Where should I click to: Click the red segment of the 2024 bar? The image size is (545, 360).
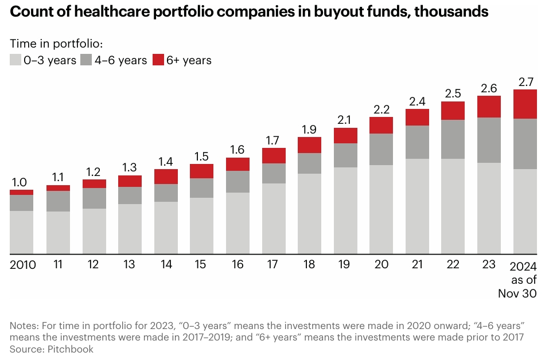click(524, 104)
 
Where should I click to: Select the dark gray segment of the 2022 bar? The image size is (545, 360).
click(453, 139)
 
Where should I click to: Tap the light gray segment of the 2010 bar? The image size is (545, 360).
click(21, 232)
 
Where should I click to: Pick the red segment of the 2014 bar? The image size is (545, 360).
click(166, 176)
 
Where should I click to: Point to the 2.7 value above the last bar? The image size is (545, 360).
click(524, 81)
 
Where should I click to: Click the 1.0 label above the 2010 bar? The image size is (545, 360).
click(20, 182)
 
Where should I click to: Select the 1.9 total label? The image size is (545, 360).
click(309, 129)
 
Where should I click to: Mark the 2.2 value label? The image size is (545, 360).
click(381, 109)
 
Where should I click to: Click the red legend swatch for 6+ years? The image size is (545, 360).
click(159, 60)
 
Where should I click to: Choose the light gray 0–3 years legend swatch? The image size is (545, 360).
click(16, 60)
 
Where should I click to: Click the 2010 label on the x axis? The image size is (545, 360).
click(23, 265)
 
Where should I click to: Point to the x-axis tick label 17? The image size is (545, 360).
click(273, 265)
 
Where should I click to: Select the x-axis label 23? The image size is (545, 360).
click(489, 265)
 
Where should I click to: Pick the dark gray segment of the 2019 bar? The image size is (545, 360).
click(345, 155)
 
